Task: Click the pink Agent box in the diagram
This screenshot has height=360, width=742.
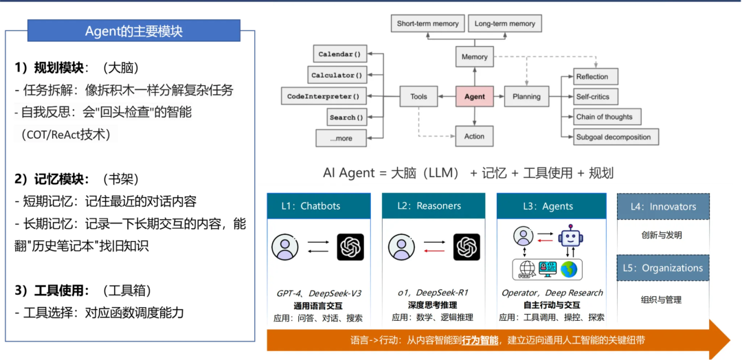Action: click(x=474, y=97)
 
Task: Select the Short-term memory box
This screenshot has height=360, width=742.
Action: click(x=427, y=23)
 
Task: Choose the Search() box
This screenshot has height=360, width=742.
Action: click(x=346, y=117)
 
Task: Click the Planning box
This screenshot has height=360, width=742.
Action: click(x=526, y=97)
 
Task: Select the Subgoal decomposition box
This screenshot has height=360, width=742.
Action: click(x=613, y=137)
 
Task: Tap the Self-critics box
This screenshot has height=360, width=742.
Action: click(x=592, y=97)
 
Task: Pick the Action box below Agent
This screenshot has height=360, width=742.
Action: click(x=474, y=136)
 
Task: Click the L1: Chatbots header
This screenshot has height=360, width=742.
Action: click(x=319, y=206)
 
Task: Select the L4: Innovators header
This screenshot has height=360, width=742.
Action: click(x=662, y=206)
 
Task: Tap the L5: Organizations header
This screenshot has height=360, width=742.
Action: click(x=662, y=268)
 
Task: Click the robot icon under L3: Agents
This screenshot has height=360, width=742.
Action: click(x=570, y=238)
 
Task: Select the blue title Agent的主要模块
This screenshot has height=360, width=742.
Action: click(x=134, y=31)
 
